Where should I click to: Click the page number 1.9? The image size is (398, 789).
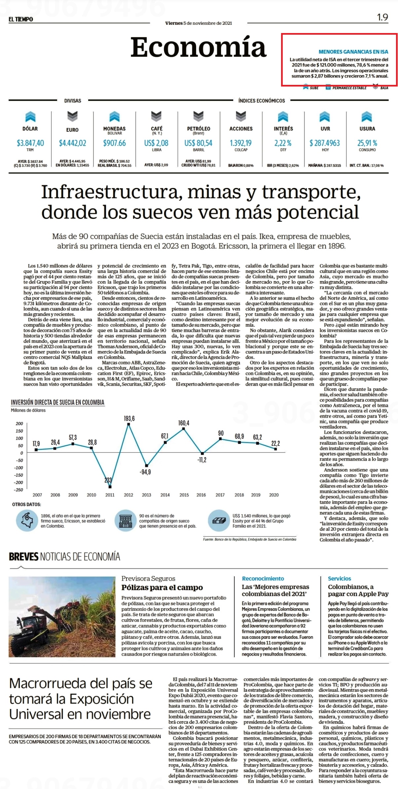382,17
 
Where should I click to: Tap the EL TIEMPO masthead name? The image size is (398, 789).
21,19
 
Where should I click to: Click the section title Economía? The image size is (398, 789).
198,47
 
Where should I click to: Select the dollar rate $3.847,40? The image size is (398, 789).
30,143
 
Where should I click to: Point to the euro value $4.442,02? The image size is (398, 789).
72,143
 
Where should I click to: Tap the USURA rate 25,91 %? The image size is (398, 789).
367,143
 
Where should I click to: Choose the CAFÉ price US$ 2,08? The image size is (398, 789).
156,143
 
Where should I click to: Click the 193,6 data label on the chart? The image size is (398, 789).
129,418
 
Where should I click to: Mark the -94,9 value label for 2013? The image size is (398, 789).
145,472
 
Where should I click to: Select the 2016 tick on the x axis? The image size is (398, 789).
201,495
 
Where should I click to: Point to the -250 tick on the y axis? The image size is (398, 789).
18,490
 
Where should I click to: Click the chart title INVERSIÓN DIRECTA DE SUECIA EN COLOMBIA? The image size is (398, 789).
57,402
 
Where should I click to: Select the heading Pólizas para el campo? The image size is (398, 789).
162,588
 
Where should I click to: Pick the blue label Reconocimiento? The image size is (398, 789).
263,578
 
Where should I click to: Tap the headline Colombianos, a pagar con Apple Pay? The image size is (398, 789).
358,590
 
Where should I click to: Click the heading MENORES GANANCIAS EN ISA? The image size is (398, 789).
353,52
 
